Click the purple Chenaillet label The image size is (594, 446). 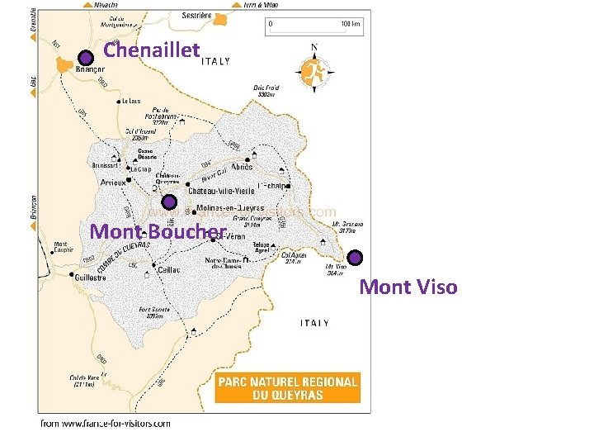152,51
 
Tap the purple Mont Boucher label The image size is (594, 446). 158,231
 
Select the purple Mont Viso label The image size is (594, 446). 408,287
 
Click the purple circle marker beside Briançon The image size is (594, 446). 85,57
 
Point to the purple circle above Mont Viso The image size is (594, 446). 355,258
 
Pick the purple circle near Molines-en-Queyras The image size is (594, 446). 168,202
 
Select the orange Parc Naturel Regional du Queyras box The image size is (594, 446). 287,388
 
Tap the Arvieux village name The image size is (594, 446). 112,183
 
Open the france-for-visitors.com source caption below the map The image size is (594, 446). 106,424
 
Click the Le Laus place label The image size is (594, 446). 130,102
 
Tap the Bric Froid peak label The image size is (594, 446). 266,91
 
